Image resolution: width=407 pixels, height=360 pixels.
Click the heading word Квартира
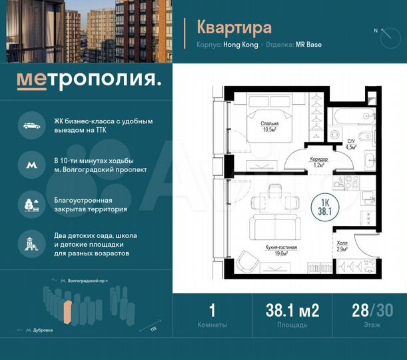234,27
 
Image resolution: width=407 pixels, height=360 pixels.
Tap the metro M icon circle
30,164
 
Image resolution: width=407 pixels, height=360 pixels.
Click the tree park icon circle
30,203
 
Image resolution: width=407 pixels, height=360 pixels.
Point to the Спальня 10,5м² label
270,127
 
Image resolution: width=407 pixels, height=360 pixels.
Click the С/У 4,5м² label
351,144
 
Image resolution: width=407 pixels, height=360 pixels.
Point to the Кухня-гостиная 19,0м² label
280,250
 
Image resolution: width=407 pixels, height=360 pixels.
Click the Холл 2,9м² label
343,245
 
